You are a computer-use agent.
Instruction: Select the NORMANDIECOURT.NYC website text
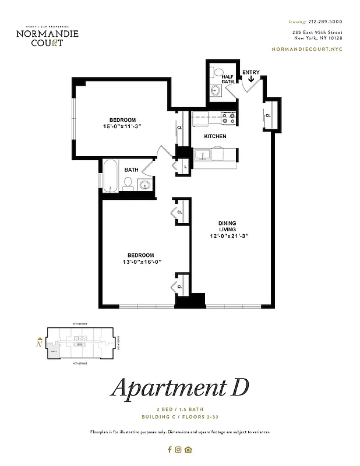307,50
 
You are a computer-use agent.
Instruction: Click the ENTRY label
251,73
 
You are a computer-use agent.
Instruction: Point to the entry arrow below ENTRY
251,81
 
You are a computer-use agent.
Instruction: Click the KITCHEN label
215,136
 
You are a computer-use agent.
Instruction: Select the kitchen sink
203,155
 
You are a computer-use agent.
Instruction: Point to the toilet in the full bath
128,184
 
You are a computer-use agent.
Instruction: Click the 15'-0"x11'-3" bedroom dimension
123,126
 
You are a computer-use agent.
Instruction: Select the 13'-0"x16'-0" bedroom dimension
141,262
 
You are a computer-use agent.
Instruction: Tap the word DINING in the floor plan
227,223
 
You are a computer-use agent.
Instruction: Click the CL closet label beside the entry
269,115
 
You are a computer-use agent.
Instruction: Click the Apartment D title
179,388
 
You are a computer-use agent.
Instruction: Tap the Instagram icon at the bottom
179,449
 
